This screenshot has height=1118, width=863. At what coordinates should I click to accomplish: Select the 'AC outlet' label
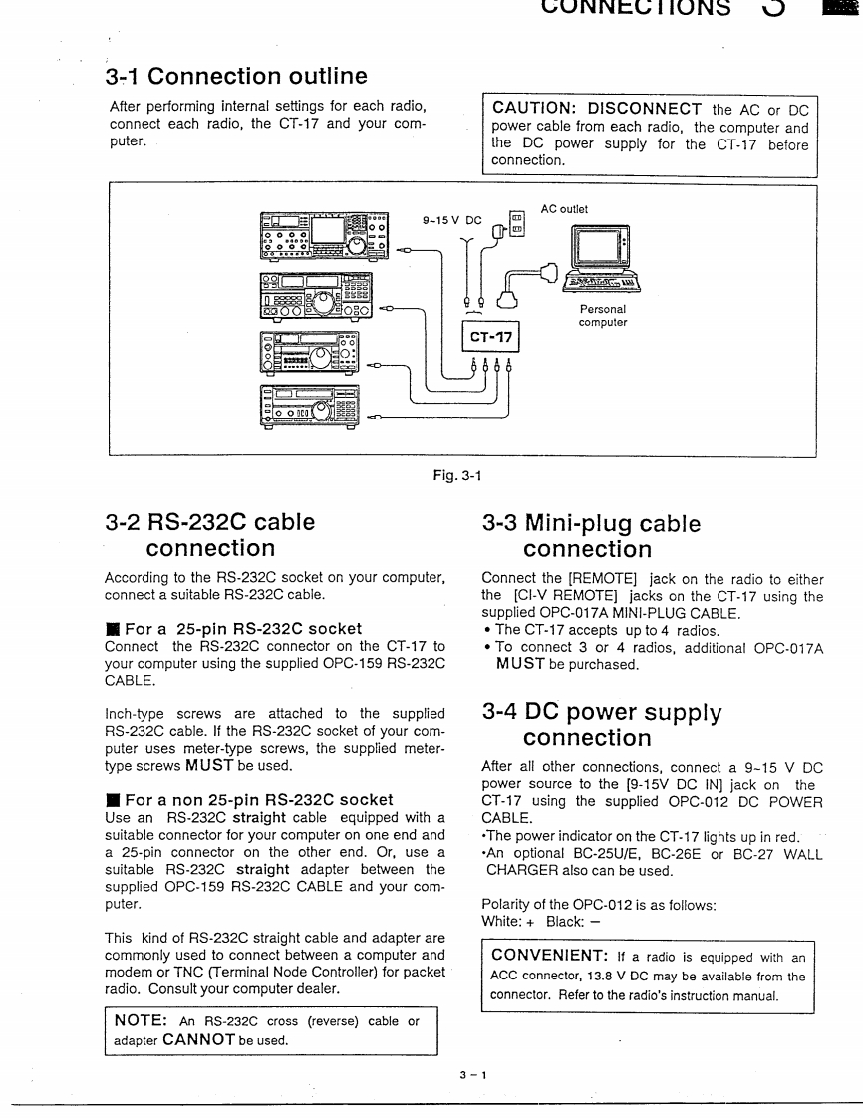[x=564, y=209]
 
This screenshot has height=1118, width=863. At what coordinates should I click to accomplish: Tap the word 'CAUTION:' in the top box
[x=535, y=108]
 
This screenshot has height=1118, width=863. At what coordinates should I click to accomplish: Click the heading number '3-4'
[x=505, y=712]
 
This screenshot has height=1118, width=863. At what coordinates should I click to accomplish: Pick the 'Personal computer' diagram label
[x=603, y=316]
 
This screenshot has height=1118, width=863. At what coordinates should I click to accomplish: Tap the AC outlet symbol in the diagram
[x=516, y=223]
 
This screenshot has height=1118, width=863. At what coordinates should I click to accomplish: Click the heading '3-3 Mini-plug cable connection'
[x=591, y=536]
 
